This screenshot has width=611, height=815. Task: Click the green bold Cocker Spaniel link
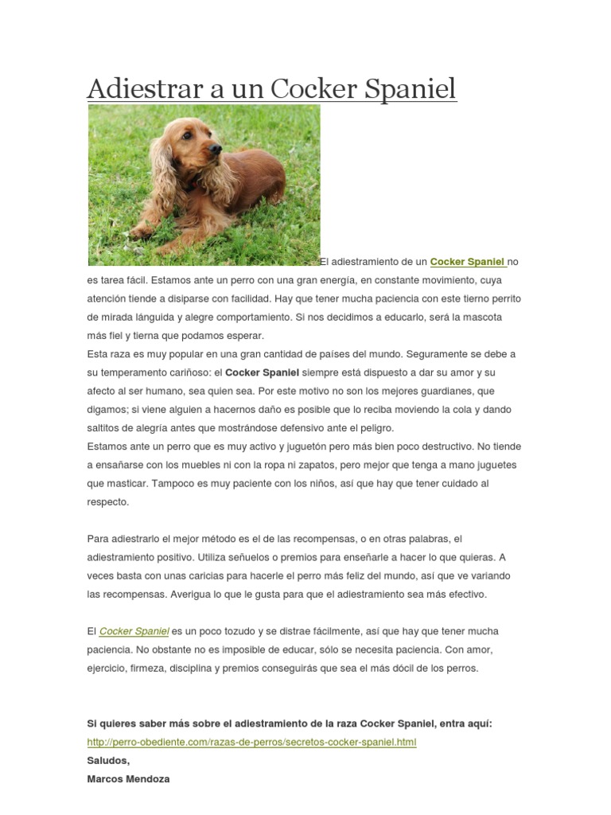coord(467,262)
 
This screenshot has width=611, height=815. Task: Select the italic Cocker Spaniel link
coord(134,631)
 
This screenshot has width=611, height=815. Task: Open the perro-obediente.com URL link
coord(251,743)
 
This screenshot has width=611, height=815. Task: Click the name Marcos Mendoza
coord(128,779)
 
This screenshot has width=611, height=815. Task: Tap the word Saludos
coord(107,761)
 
